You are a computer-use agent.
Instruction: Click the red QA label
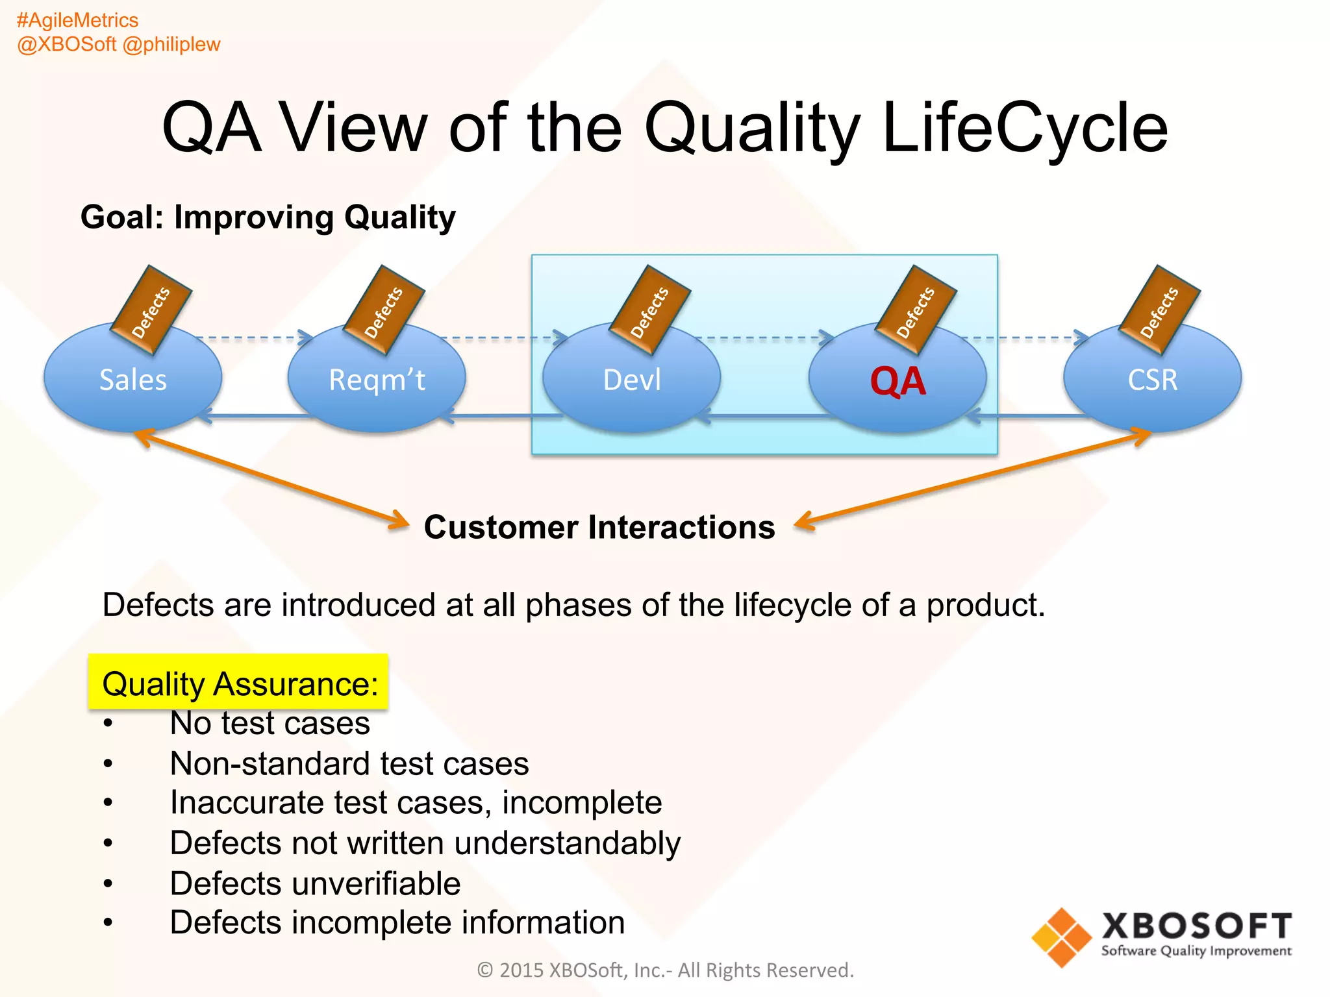tap(897, 382)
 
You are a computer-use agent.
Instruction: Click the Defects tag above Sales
tap(151, 310)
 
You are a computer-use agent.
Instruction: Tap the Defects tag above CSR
tap(1159, 310)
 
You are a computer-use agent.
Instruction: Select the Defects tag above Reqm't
tap(383, 310)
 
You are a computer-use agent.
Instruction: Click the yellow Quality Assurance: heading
tap(239, 683)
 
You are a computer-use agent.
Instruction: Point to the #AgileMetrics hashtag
tap(77, 21)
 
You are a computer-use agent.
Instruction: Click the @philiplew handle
tap(171, 44)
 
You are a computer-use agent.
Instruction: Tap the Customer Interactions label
tap(599, 527)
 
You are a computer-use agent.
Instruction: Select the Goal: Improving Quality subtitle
tap(268, 217)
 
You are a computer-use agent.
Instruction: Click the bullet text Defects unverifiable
tap(315, 883)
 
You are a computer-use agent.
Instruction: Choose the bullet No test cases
tap(270, 723)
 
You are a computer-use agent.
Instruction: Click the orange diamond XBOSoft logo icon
tap(1061, 937)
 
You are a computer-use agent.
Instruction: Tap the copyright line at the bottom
tap(665, 970)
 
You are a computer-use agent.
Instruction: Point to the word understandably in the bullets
tap(567, 843)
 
